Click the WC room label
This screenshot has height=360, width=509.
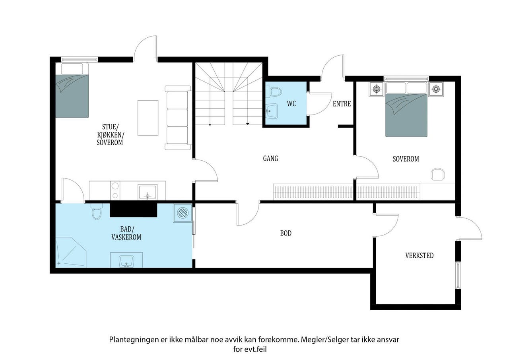coord(291,104)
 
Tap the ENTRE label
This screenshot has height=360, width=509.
coord(342,104)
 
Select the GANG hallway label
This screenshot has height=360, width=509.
coord(270,158)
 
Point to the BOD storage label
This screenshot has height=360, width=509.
coord(286,233)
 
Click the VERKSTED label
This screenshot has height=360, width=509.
coord(419,255)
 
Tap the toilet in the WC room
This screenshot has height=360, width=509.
coord(274,92)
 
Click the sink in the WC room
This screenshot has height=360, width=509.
coord(272,111)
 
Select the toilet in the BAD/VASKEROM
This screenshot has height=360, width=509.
coord(97,212)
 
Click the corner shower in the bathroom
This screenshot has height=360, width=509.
coord(71,252)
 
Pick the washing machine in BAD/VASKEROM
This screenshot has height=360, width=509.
coord(183,213)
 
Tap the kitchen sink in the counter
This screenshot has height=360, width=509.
coord(147,192)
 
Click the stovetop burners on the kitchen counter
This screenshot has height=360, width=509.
coord(115,191)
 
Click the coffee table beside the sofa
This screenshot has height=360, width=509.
coord(148,118)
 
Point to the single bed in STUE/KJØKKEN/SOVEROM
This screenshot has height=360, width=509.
coord(72,90)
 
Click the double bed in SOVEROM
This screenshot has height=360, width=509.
coord(406,109)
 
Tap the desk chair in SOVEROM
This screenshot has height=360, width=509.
coord(438,174)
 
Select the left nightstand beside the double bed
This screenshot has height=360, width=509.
coord(377,90)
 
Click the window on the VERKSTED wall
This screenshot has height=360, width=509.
coord(458,275)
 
